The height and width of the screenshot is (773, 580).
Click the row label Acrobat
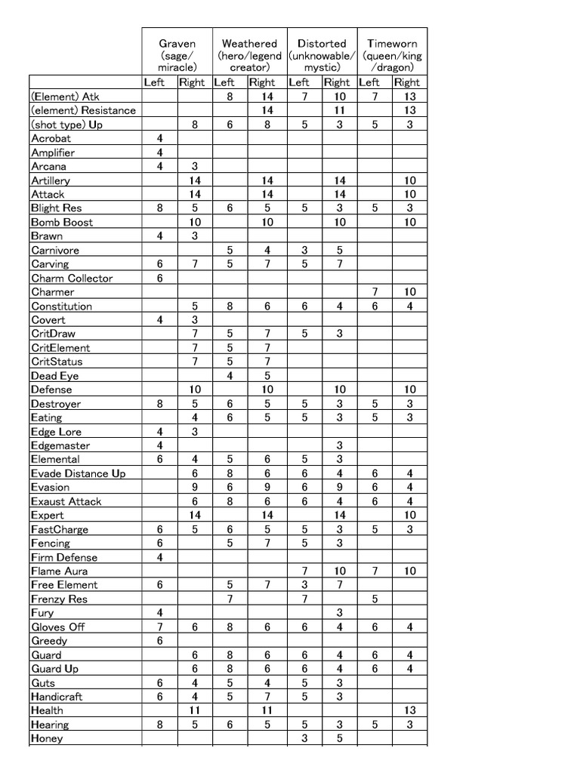(51, 139)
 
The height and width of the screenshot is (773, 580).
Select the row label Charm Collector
(72, 278)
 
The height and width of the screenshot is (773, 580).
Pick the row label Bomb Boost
(62, 222)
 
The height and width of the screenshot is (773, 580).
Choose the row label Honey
(47, 738)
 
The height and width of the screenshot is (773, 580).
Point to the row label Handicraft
(57, 696)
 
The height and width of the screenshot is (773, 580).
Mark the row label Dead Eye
(54, 375)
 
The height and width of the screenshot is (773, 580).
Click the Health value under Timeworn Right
(409, 710)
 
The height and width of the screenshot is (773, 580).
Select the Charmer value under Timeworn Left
(375, 291)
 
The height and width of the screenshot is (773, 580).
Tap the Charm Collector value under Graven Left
(160, 278)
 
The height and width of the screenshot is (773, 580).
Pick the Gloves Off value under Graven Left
(160, 627)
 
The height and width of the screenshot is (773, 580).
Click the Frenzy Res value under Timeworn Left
(375, 599)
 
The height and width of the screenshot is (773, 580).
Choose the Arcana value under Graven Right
(195, 166)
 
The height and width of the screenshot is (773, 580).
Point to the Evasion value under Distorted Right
(340, 487)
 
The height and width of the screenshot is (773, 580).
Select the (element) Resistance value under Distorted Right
(340, 110)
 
